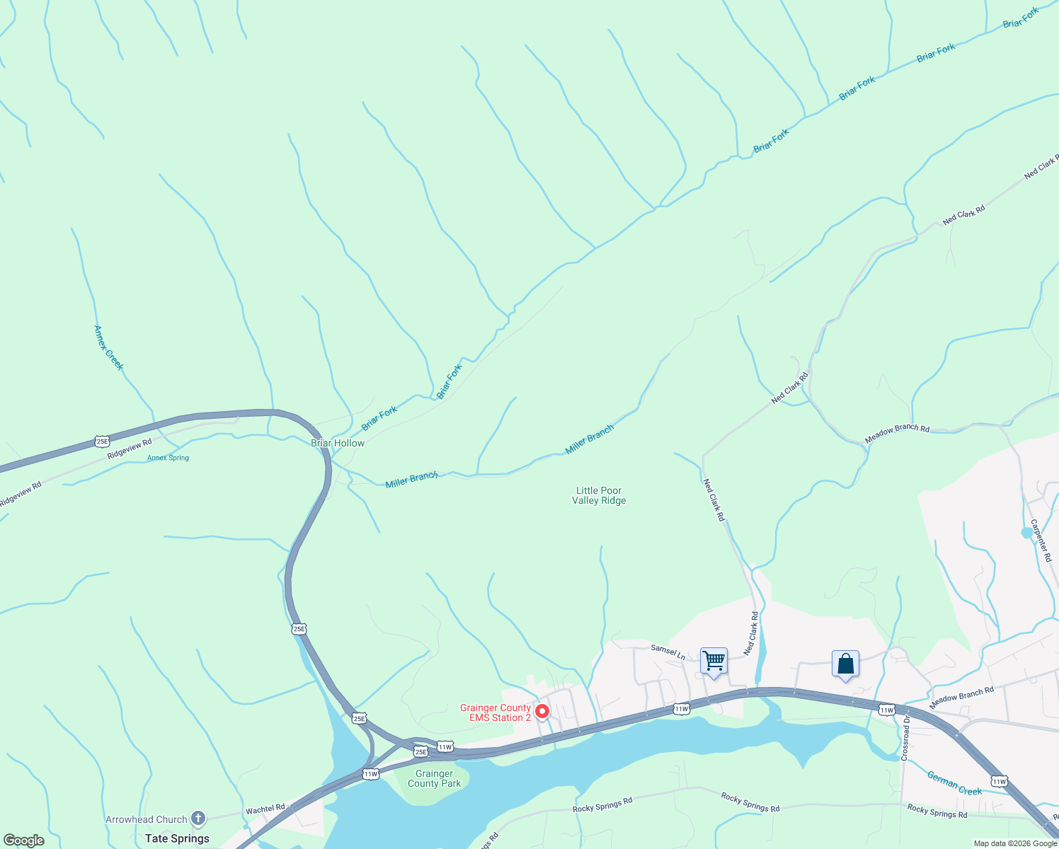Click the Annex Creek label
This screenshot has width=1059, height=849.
(x=108, y=347)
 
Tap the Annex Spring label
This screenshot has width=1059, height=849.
(x=168, y=458)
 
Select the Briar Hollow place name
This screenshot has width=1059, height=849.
(x=338, y=443)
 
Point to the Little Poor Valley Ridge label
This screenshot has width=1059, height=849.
(x=599, y=495)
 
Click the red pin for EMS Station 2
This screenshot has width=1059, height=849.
(x=542, y=711)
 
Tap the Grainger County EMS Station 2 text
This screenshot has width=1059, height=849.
(x=495, y=712)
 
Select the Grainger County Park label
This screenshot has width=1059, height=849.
(x=434, y=778)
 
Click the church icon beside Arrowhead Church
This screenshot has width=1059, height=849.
(x=198, y=819)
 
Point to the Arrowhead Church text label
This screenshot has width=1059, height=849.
(x=147, y=819)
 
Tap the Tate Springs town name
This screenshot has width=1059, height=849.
(x=177, y=838)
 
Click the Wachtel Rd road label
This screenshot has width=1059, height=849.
(x=265, y=809)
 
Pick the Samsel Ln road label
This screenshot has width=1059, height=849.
(x=668, y=651)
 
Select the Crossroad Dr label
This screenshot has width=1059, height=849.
(x=905, y=738)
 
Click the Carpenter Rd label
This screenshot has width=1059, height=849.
(x=1041, y=541)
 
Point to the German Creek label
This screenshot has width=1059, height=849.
(x=954, y=783)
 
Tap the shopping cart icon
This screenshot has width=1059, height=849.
(x=714, y=662)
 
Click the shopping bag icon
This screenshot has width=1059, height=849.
(x=845, y=664)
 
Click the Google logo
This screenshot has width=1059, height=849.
(x=24, y=841)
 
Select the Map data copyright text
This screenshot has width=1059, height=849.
(x=1015, y=843)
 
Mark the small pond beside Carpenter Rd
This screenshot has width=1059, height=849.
(x=1026, y=532)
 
